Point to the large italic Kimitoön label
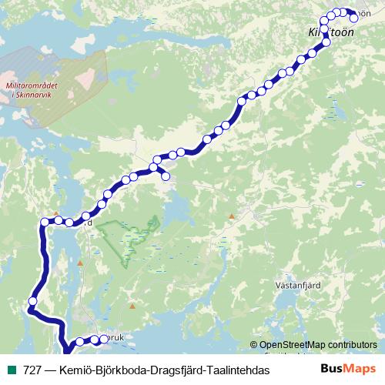[x=326, y=34]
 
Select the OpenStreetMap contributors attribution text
[x=317, y=345]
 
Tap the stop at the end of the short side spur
[x=166, y=177]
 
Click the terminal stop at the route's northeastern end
[x=355, y=18]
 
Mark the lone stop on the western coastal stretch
[x=33, y=301]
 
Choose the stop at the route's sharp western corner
[x=45, y=223]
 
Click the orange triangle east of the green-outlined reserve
[x=230, y=216]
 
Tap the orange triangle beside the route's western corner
[x=55, y=213]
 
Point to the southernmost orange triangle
[x=132, y=307]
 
